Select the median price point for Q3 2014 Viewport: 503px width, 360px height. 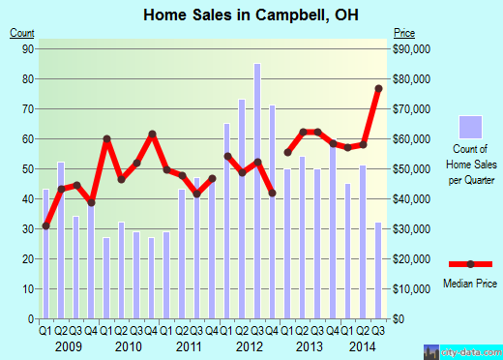[378, 89]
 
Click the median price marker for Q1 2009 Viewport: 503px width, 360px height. [45, 225]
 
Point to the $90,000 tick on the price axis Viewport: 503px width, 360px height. [411, 48]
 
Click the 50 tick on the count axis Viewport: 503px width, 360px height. [29, 168]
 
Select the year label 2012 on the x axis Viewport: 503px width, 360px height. [250, 345]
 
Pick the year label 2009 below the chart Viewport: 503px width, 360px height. [69, 345]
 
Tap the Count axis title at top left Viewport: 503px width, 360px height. [22, 34]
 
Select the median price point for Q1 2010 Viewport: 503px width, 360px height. [106, 139]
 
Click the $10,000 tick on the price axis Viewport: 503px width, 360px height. [411, 288]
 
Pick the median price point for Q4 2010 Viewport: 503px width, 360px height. [152, 134]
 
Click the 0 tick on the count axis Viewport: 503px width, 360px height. [32, 318]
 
